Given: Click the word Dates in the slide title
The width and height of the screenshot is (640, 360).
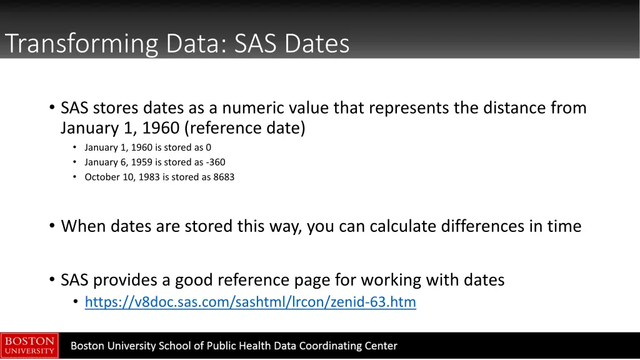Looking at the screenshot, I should point(317,44).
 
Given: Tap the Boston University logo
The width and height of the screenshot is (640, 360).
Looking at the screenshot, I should point(29,345).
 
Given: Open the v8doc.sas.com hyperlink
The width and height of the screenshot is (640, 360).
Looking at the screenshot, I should point(250,302).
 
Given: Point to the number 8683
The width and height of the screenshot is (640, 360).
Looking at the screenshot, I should point(224,177).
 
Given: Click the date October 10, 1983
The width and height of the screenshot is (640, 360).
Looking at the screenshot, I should point(122,177).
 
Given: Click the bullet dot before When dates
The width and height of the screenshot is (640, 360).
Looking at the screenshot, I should point(52,226).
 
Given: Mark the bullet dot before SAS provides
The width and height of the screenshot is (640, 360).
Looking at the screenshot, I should point(52,280).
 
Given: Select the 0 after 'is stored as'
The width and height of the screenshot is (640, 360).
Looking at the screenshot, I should point(209,147).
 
